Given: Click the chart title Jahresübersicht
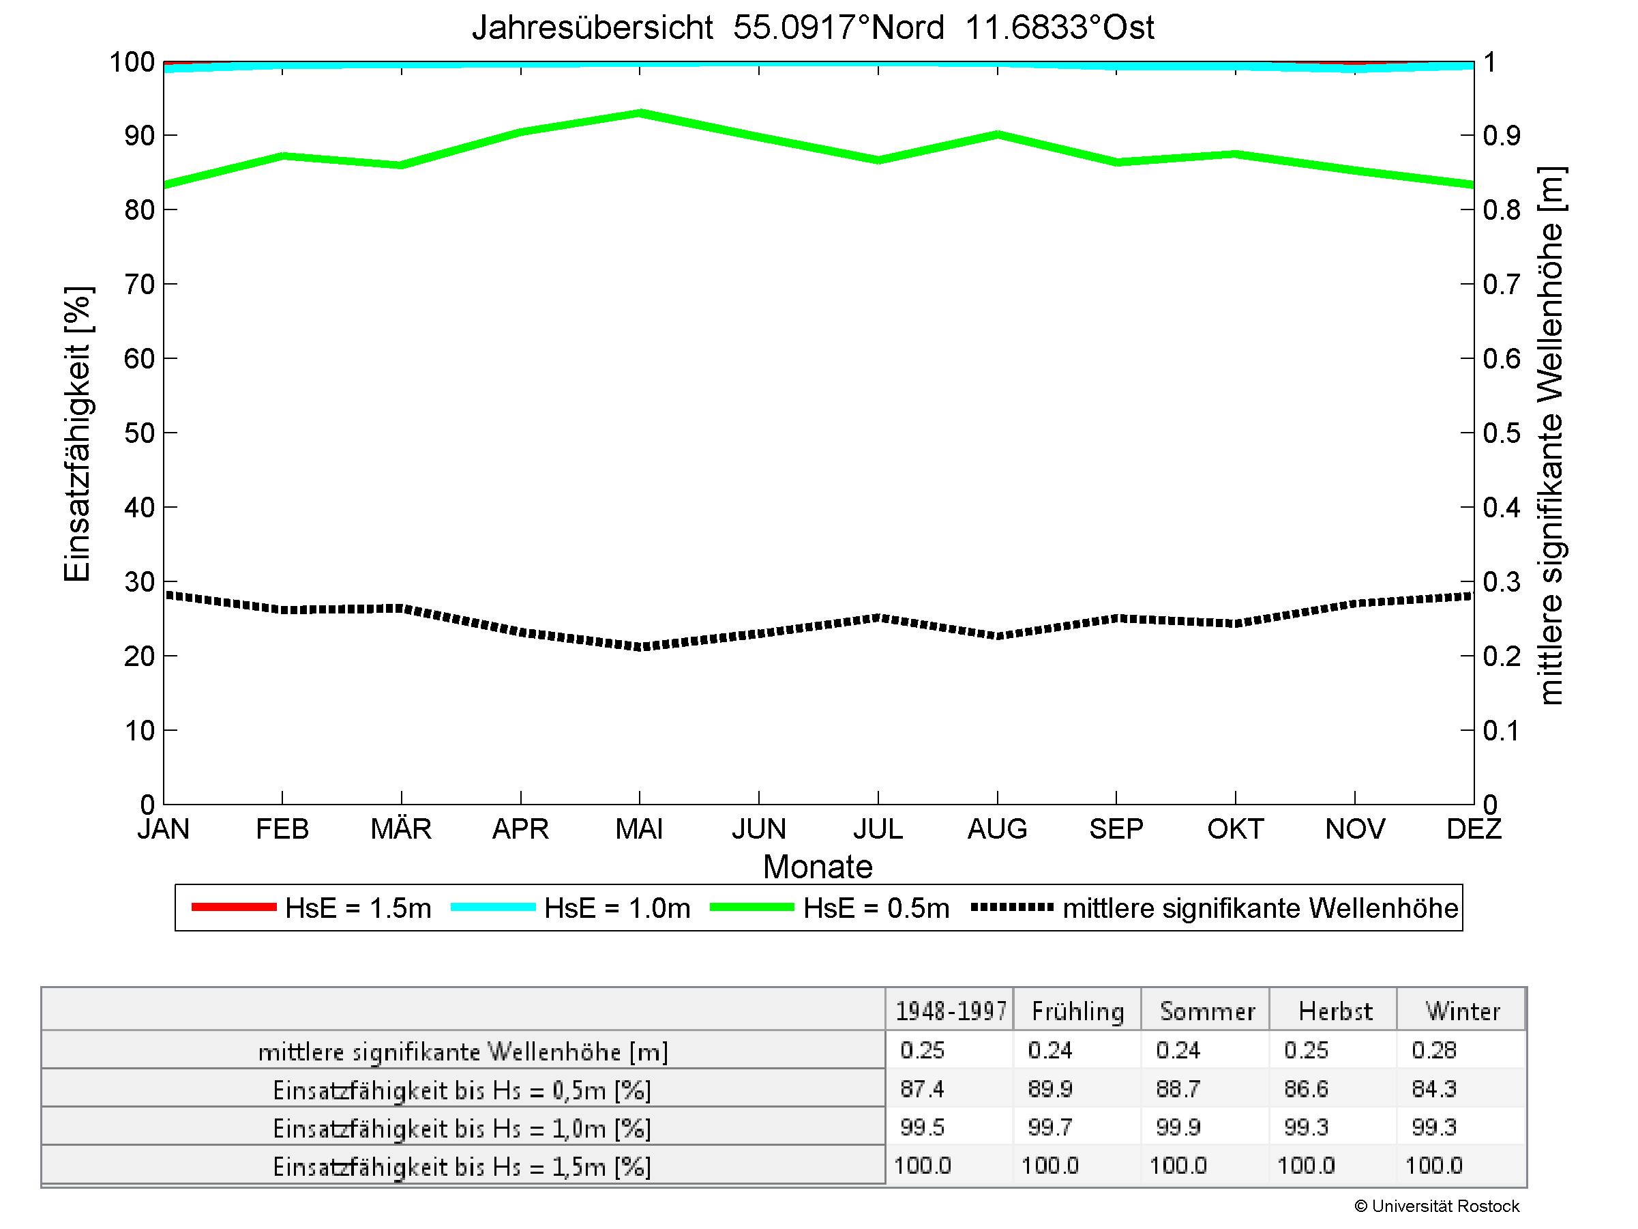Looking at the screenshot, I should pos(812,28).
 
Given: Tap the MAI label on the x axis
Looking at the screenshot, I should pos(639,828).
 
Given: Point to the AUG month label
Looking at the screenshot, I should pos(997,828).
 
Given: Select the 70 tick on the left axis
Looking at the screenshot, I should pos(138,284).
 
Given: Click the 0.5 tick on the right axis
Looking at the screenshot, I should pos(1502,433).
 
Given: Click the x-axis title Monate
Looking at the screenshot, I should pos(818,867).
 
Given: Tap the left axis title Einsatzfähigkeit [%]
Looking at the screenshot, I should pos(77,433).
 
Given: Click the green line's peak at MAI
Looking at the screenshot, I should pos(640,113).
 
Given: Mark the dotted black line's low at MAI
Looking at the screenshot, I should pos(640,647).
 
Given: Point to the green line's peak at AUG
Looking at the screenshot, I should pos(998,134).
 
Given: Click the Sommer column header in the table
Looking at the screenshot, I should pos(1207,1011).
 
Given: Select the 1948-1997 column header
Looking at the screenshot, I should pos(951,1011).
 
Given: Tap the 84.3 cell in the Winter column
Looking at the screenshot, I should pos(1433,1088).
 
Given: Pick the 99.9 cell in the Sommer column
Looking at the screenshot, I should pos(1178,1127).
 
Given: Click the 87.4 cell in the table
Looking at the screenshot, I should pos(922,1088).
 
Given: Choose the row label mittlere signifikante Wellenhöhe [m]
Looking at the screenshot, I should pos(463,1051).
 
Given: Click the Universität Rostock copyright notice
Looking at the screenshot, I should pos(1437,1206).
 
